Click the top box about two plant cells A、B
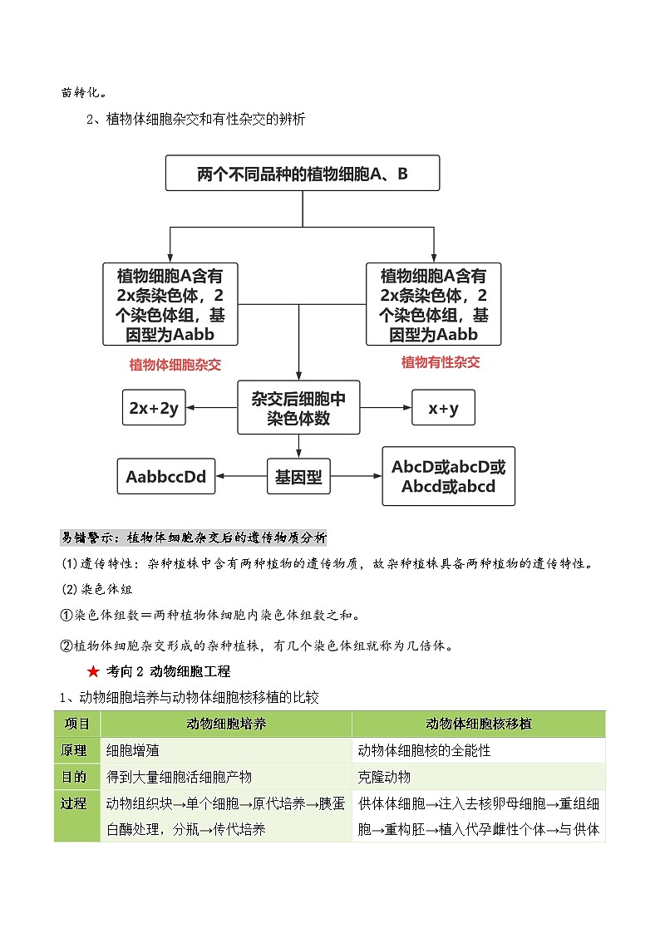click(x=303, y=174)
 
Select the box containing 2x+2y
click(x=154, y=408)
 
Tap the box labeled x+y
click(x=444, y=408)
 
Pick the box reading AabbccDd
click(x=165, y=477)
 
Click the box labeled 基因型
click(x=298, y=477)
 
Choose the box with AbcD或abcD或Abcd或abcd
click(x=448, y=477)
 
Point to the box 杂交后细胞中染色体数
click(x=298, y=408)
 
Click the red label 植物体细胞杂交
click(x=175, y=364)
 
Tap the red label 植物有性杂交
click(x=441, y=362)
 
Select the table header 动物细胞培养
click(x=226, y=724)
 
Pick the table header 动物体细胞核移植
click(x=479, y=724)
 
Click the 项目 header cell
click(x=77, y=724)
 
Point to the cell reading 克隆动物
click(x=384, y=777)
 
